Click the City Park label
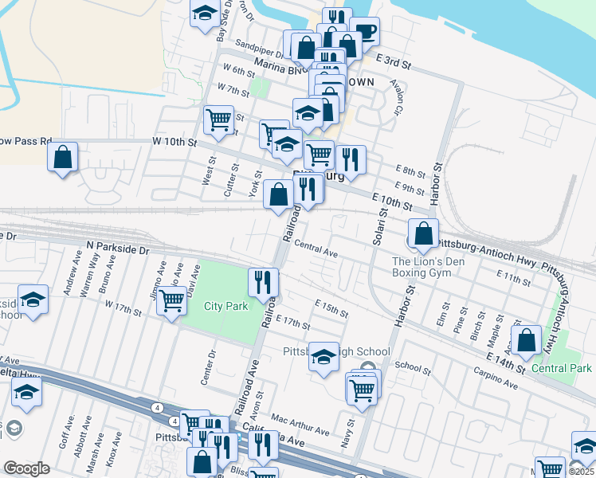tap(225, 306)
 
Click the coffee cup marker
tap(365, 32)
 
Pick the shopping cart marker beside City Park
tap(171, 302)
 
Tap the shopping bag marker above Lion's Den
tap(424, 233)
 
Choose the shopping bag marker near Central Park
tap(527, 339)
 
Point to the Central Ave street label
tap(316, 249)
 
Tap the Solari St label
tap(381, 221)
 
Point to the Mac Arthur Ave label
tap(300, 424)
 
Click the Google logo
tap(26, 468)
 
